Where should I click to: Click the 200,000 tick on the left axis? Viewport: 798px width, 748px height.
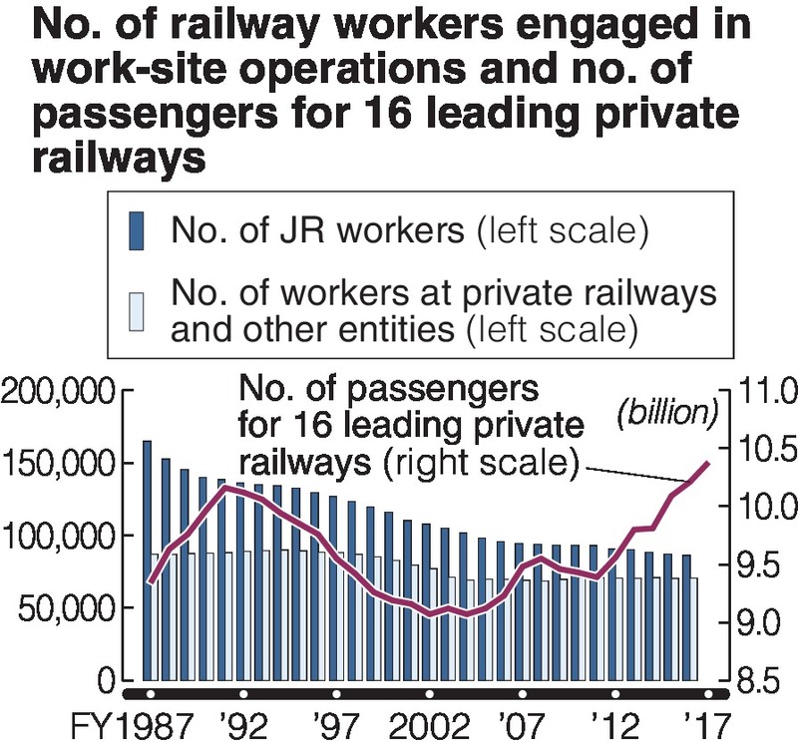[x=59, y=393]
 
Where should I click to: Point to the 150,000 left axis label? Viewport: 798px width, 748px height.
[x=59, y=465]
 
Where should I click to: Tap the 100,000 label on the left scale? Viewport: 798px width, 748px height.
[x=59, y=538]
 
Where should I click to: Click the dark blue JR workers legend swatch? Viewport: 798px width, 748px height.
[x=139, y=230]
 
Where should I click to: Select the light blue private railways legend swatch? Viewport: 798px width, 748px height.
[x=139, y=311]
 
